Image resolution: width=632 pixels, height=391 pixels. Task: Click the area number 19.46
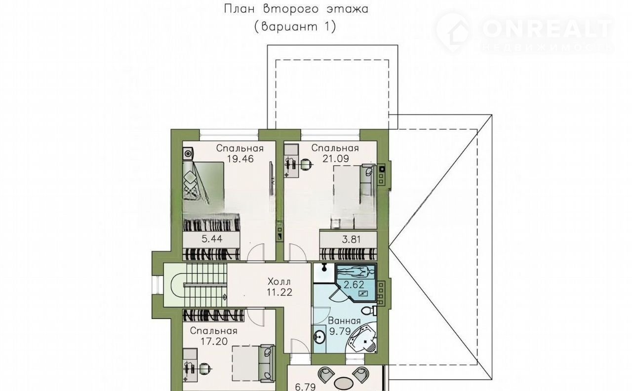[240, 159]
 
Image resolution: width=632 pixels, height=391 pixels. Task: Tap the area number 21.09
[336, 159]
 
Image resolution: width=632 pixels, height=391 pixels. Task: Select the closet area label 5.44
[212, 239]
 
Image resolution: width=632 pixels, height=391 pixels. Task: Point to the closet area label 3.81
[351, 240]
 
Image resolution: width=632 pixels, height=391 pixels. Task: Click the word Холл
[279, 282]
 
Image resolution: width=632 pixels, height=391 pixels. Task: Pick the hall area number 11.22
[279, 292]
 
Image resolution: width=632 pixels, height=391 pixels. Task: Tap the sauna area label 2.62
[354, 285]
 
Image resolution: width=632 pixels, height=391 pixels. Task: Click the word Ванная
[345, 321]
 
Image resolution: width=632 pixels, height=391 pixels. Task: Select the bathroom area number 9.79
[340, 331]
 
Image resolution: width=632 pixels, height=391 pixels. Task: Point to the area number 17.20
[214, 342]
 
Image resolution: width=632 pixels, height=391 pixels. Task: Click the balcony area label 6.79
[305, 387]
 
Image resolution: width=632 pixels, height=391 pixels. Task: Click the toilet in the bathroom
[369, 311]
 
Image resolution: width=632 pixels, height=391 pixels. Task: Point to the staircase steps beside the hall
[206, 285]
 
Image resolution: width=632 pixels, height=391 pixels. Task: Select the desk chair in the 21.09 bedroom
[306, 164]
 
